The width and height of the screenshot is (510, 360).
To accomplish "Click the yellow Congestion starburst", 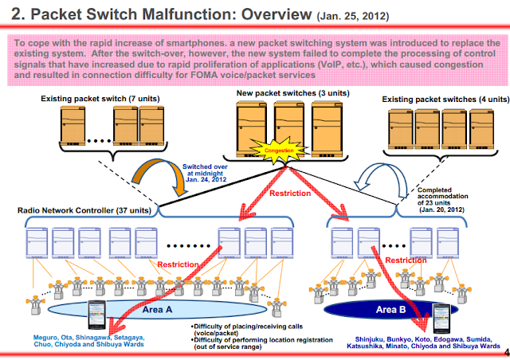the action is tap(279, 151).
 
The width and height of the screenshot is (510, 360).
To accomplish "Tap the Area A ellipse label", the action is tap(157, 309).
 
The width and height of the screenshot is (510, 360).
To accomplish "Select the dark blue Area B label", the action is tap(391, 310).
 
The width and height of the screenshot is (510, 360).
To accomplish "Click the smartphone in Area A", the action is tap(97, 315).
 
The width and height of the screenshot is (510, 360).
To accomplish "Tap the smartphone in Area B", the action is tap(441, 319).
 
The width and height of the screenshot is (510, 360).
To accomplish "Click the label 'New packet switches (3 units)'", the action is tap(292, 93).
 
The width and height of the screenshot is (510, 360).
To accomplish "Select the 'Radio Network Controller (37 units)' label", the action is tap(84, 210).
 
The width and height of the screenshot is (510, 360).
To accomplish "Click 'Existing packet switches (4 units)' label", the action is tap(445, 100).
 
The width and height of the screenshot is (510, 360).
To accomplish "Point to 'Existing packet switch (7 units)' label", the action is tap(100, 99).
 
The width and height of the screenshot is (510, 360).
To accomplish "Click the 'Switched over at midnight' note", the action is tap(206, 173).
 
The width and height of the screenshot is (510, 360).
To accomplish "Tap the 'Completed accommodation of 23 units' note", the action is tap(442, 200).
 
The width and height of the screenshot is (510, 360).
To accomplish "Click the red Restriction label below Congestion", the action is tap(290, 194).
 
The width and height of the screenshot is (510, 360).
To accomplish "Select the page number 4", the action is tap(507, 352).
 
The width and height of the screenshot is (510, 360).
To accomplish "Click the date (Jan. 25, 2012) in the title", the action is tap(353, 16).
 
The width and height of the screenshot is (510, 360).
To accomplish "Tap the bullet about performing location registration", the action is tap(262, 343).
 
